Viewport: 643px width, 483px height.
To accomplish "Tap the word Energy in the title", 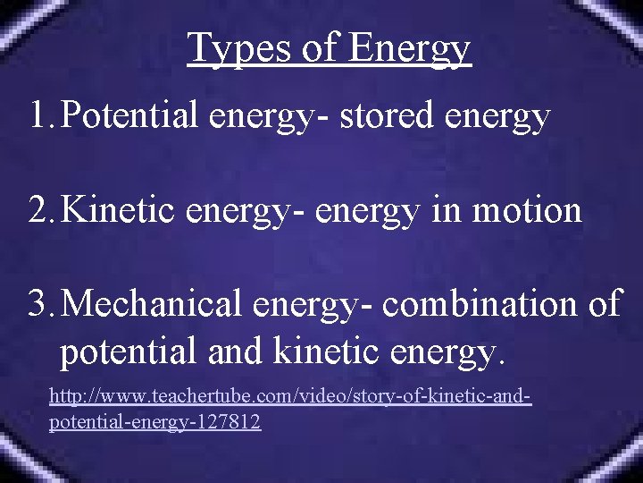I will coord(410,48).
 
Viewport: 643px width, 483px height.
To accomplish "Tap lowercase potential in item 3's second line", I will coord(129,354).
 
